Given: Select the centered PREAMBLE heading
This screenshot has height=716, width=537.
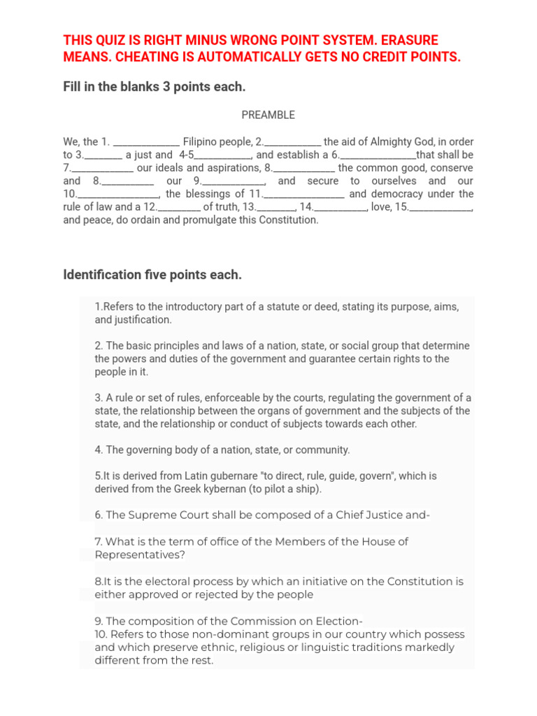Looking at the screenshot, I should click(x=268, y=115).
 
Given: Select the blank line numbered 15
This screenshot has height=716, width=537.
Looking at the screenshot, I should click(x=441, y=207).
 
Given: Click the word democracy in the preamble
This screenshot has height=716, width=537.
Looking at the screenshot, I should click(x=399, y=194).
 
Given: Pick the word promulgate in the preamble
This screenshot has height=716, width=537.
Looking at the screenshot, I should click(x=222, y=220).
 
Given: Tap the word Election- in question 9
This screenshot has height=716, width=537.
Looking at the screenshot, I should click(x=339, y=622).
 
